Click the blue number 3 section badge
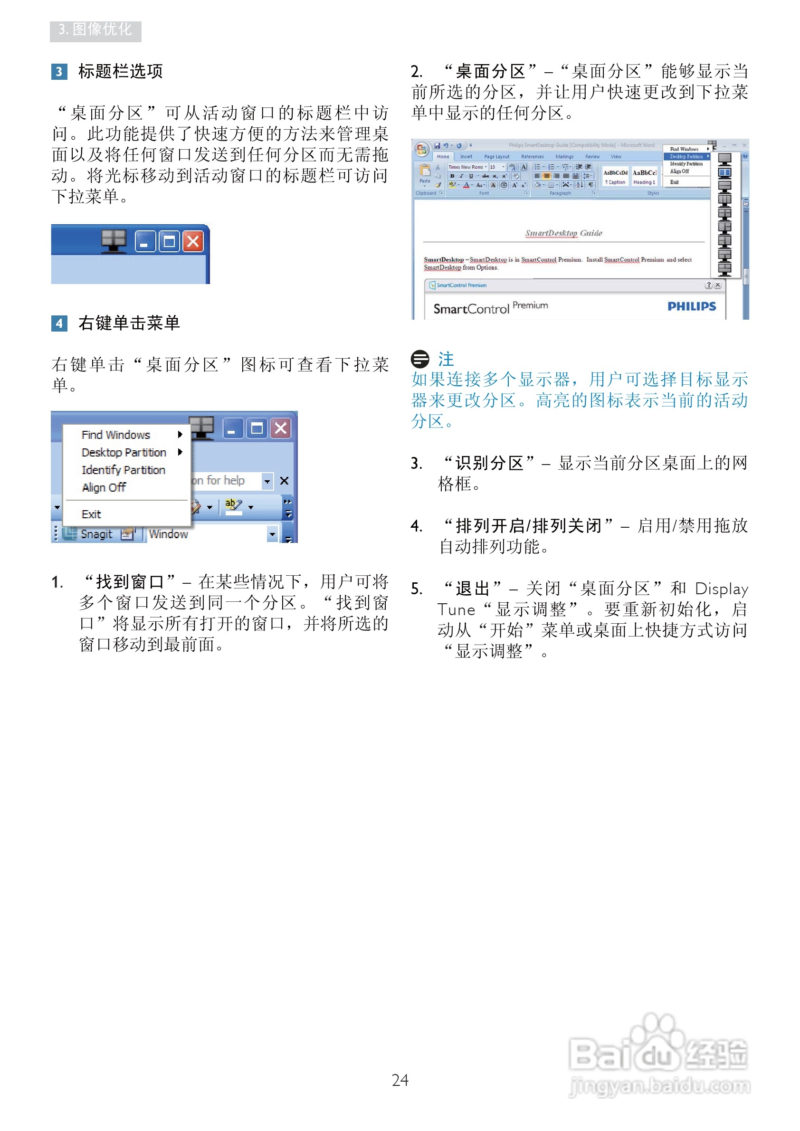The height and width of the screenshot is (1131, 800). click(x=59, y=71)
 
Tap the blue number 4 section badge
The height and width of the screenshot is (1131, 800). click(x=59, y=323)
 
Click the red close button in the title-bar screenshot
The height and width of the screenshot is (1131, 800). click(x=193, y=241)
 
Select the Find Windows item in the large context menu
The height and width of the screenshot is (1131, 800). click(x=116, y=435)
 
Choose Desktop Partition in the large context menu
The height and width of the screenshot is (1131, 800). click(x=124, y=452)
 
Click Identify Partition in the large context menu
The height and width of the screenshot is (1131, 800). click(x=123, y=470)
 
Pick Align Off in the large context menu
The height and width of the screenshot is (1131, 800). click(x=104, y=487)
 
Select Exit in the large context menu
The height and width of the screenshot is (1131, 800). click(x=91, y=514)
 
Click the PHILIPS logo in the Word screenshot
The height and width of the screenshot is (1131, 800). click(x=691, y=306)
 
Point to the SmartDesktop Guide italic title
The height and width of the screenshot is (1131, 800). click(x=563, y=233)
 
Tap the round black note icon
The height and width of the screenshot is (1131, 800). click(x=419, y=359)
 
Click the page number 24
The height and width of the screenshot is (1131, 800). click(x=400, y=1080)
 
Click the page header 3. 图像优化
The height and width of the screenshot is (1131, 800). click(x=95, y=29)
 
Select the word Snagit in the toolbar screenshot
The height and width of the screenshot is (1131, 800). click(x=96, y=534)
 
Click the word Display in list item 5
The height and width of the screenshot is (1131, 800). click(x=721, y=589)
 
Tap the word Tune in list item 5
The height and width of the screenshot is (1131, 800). click(x=456, y=610)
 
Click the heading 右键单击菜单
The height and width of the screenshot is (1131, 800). click(x=129, y=323)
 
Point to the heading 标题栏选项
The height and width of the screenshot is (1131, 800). click(x=120, y=71)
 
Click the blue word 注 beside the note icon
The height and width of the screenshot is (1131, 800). click(x=446, y=359)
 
